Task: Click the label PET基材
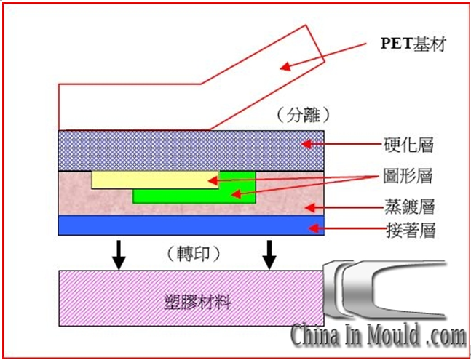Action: [x=413, y=45]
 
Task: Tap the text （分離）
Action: [x=305, y=115]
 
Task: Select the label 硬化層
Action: [x=408, y=145]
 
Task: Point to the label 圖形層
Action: [x=408, y=176]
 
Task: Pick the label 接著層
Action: [x=408, y=231]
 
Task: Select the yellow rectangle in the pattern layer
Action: [x=153, y=180]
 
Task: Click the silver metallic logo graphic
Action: [x=389, y=287]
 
